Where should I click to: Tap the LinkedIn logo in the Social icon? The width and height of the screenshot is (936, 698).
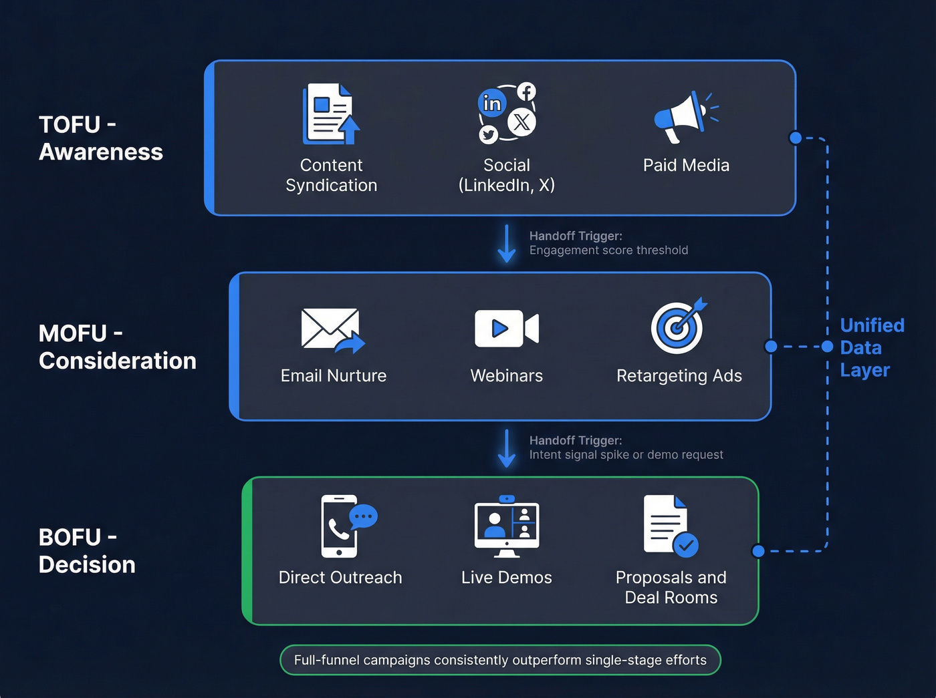click(x=492, y=104)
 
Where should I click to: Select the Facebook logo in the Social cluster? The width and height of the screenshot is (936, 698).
click(x=527, y=92)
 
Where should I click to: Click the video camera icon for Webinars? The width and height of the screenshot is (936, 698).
click(x=506, y=328)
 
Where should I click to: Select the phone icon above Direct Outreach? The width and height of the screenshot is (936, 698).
click(x=340, y=526)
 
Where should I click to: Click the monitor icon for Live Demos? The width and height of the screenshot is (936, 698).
click(x=507, y=527)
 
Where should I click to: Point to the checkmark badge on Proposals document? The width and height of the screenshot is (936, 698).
click(x=685, y=545)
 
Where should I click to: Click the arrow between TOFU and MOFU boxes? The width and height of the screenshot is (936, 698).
click(x=507, y=244)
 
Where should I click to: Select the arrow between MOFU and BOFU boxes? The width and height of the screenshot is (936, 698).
click(x=507, y=448)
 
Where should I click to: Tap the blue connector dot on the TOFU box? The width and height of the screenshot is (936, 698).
click(x=795, y=138)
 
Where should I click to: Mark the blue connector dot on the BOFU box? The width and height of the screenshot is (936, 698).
click(x=758, y=551)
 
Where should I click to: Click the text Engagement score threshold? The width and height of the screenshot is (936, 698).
click(x=608, y=250)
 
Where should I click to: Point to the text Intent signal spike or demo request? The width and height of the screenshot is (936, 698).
click(x=626, y=455)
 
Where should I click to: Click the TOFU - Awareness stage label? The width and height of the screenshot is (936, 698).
click(x=100, y=138)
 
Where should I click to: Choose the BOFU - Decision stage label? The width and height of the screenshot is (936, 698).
click(x=87, y=551)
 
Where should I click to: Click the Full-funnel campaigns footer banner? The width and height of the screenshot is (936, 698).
click(x=500, y=660)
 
